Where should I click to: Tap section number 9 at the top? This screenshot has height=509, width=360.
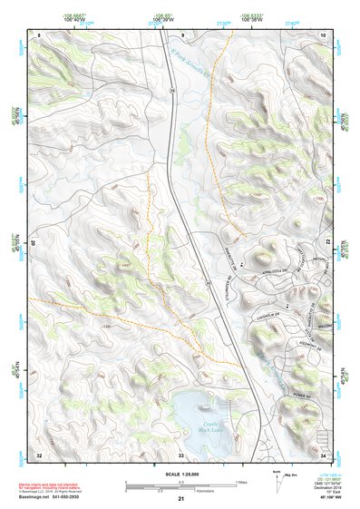(x=182, y=34)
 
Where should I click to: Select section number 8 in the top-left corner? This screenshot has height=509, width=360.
(x=39, y=34)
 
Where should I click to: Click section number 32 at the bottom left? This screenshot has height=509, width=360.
(x=39, y=454)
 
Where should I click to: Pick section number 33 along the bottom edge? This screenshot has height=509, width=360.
(x=180, y=454)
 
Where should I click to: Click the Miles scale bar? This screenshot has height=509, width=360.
(x=181, y=482)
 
